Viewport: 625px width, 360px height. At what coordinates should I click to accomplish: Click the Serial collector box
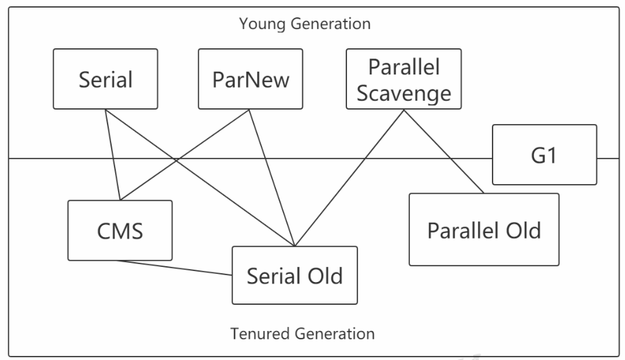106,79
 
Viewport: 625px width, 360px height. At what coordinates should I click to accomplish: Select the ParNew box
250,79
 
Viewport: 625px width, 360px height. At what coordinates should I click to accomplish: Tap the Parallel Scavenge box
404,79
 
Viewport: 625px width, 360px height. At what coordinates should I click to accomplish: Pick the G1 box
544,154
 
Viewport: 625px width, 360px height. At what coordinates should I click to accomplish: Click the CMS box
120,230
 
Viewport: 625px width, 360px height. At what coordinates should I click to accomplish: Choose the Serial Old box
295,275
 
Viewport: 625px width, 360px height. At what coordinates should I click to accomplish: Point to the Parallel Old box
484,230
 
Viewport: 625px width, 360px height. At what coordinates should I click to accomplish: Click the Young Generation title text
305,23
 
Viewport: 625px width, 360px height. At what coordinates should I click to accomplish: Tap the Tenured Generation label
303,334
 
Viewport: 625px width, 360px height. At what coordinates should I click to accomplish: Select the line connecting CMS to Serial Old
175,268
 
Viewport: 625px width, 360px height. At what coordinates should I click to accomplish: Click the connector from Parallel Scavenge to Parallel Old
444,152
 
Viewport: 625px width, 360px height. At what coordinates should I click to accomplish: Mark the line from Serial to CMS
113,154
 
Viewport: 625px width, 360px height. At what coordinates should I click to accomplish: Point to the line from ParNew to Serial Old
272,178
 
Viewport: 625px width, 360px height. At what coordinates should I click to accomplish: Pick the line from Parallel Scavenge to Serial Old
349,178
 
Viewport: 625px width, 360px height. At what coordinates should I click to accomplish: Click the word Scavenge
404,94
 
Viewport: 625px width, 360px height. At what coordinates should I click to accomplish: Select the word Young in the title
262,24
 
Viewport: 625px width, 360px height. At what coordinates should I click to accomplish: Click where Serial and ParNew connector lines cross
176,160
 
